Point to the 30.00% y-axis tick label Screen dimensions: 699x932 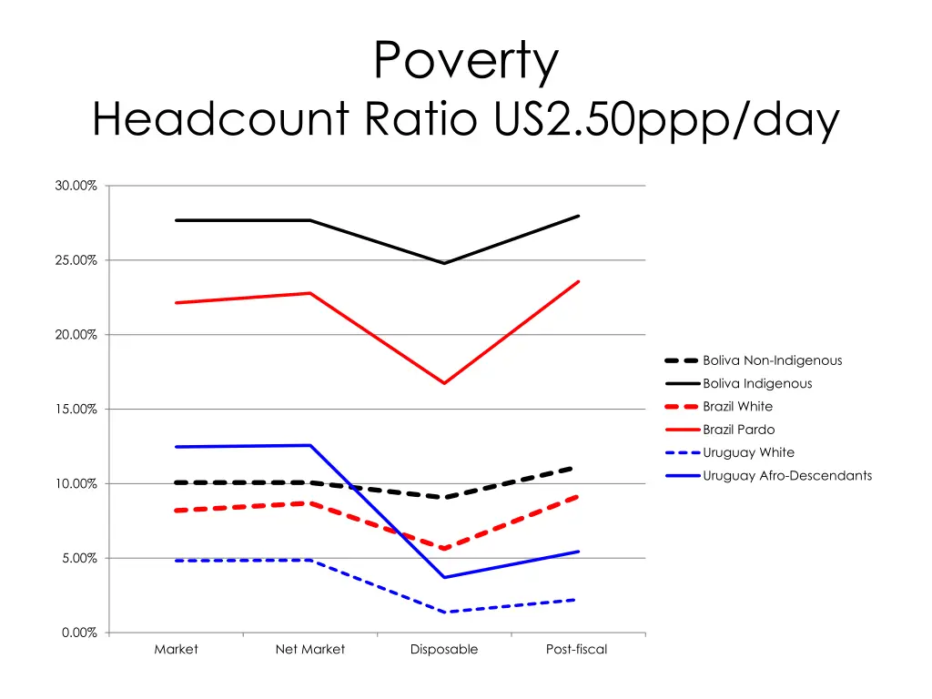76,186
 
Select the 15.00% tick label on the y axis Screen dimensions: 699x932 76,410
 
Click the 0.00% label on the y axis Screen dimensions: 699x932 79,633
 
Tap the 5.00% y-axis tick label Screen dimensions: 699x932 79,558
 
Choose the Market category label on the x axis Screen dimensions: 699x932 176,650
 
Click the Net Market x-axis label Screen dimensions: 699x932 310,650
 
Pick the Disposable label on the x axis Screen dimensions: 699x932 444,650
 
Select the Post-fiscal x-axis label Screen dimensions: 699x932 577,650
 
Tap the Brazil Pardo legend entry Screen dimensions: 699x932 739,430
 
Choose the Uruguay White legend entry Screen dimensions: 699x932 748,452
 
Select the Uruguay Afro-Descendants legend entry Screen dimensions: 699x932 787,476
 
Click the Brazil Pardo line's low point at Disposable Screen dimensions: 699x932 444,383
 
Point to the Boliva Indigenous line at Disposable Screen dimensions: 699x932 444,263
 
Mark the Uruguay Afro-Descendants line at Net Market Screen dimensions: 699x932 310,445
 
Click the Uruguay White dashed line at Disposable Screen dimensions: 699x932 444,612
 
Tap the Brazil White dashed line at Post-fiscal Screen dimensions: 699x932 577,497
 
